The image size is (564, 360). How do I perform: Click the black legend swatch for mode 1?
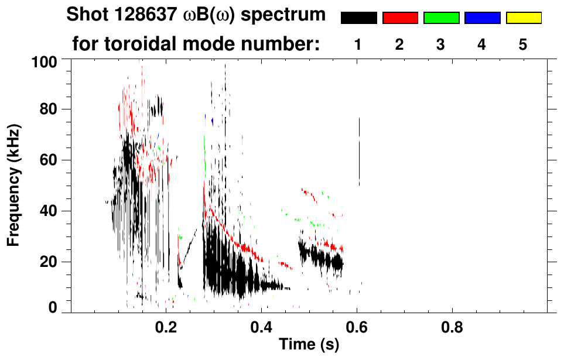[358, 18]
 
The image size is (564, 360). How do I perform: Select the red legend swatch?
[400, 18]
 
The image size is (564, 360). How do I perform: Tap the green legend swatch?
[441, 18]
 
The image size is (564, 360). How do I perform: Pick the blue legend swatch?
[482, 18]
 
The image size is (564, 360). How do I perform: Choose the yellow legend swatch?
[524, 18]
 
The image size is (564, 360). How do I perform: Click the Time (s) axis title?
[309, 345]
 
